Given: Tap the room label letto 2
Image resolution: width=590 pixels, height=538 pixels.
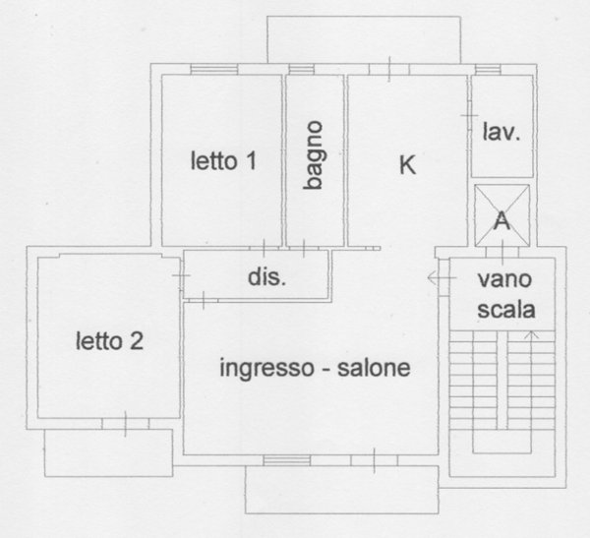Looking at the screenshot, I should click(110, 341).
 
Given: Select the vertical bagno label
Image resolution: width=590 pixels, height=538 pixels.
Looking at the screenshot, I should click(314, 154).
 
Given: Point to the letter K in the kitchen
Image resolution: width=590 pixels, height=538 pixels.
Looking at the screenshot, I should click(406, 165).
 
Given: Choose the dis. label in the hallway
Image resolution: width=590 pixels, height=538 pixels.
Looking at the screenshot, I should click(266, 277).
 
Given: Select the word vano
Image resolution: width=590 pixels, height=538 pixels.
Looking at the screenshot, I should click(505, 279).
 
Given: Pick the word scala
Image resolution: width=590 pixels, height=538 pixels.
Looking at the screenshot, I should click(505, 310).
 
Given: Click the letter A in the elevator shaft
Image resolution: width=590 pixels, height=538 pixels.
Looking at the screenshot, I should click(501, 220).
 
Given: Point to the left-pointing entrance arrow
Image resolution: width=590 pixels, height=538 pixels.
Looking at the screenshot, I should click(434, 279).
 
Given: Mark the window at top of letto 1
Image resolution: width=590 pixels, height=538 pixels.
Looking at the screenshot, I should click(214, 68).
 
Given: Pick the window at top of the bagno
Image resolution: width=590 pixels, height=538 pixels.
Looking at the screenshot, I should click(301, 69).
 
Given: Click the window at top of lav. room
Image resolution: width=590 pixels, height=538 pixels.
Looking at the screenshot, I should click(489, 69).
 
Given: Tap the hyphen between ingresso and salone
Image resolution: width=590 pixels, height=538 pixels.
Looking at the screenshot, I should click(326, 371).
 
